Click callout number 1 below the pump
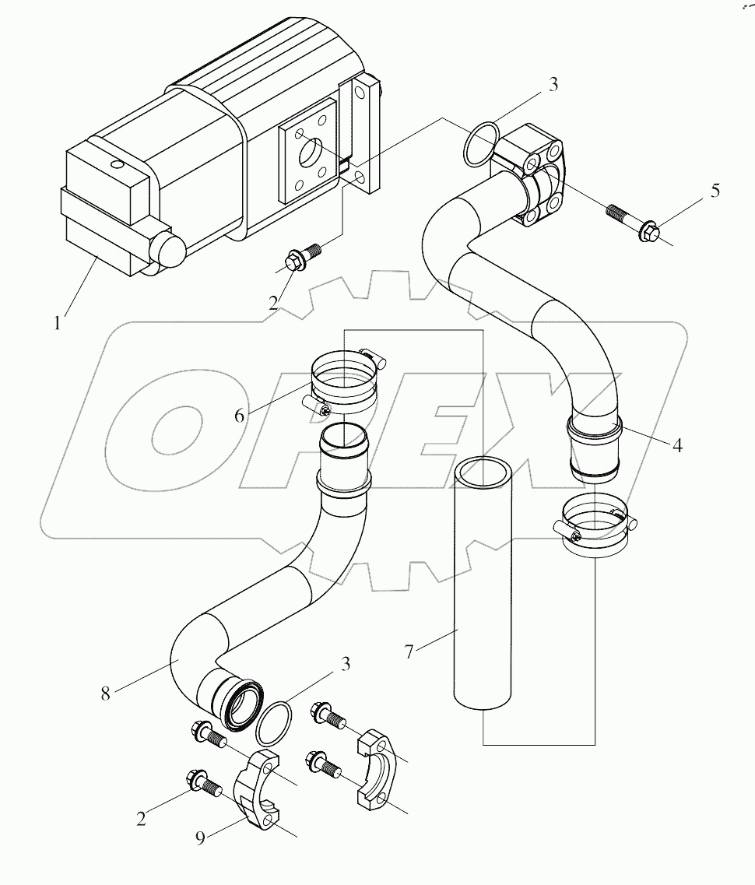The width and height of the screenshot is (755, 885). point(57,321)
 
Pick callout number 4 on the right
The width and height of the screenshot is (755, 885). point(678,446)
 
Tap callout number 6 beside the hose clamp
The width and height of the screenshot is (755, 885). point(240,415)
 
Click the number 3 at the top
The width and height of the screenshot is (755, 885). point(553,85)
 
